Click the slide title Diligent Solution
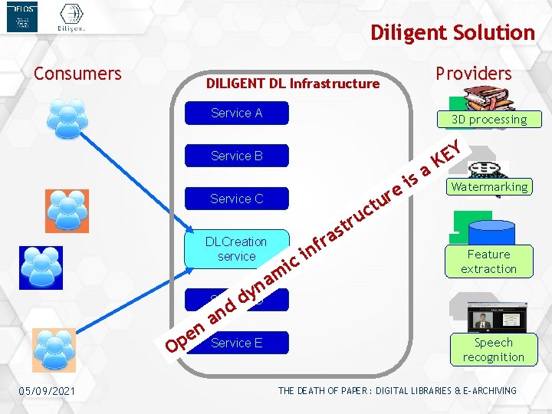pyautogui.click(x=452, y=33)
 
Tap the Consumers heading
pyautogui.click(x=77, y=74)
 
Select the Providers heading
pyautogui.click(x=473, y=74)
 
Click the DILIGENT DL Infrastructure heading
pyautogui.click(x=292, y=83)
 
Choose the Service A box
pyautogui.click(x=236, y=113)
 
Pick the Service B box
pyautogui.click(x=236, y=156)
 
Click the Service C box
pyautogui.click(x=236, y=199)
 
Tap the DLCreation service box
pyautogui.click(x=236, y=248)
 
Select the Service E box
pyautogui.click(x=236, y=343)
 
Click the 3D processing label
pyautogui.click(x=489, y=120)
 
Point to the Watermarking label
pyautogui.click(x=489, y=187)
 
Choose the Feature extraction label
pyautogui.click(x=488, y=261)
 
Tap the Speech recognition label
pyautogui.click(x=493, y=350)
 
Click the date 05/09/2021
pyautogui.click(x=48, y=391)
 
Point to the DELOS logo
pyautogui.click(x=21, y=17)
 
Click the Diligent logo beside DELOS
pyautogui.click(x=71, y=17)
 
